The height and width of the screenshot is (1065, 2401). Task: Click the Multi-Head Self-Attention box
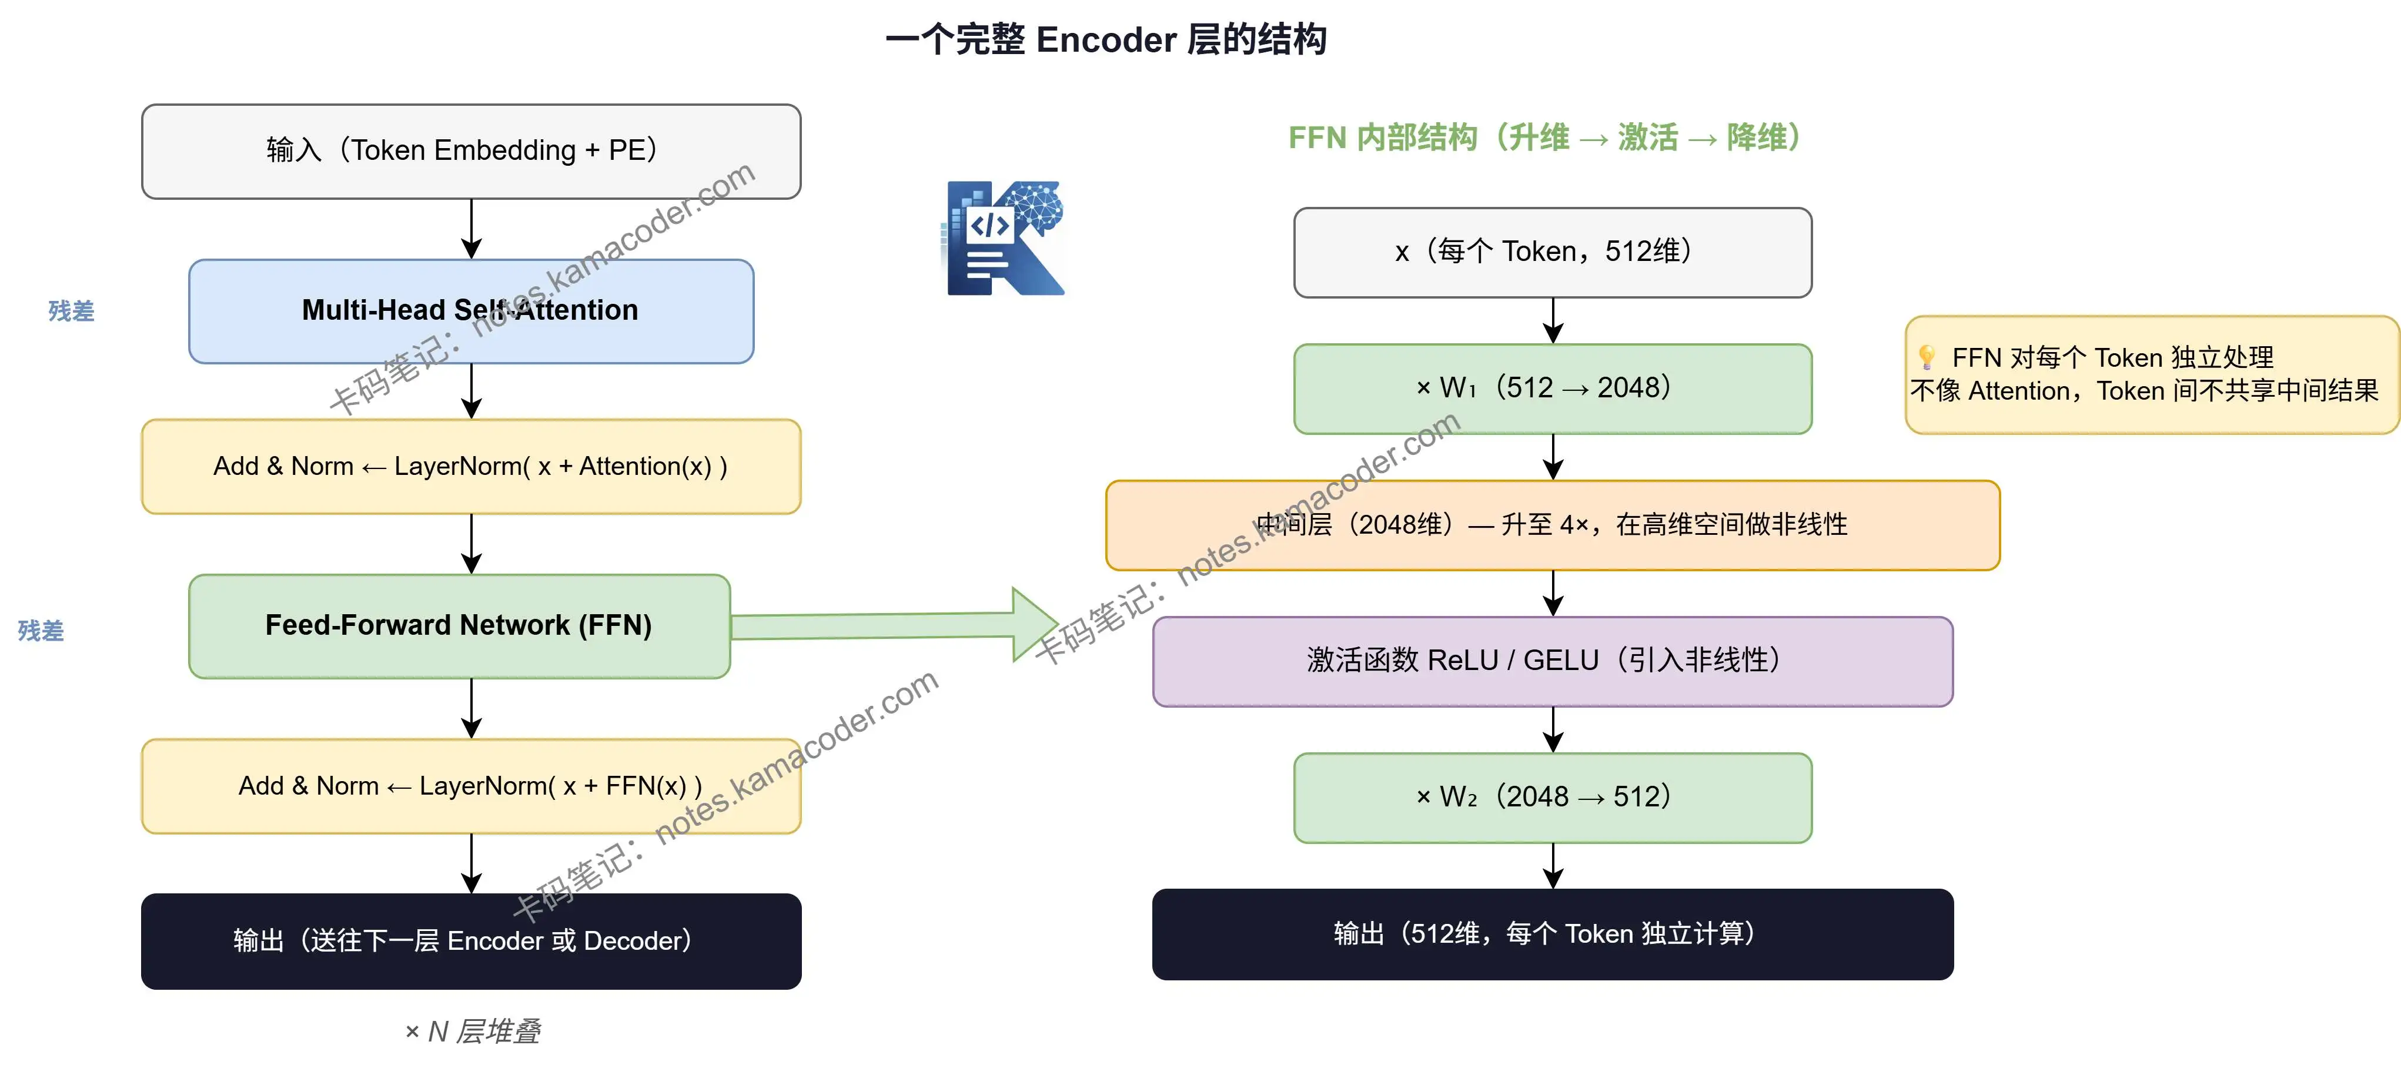pos(471,311)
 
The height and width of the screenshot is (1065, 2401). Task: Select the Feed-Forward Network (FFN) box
pos(459,626)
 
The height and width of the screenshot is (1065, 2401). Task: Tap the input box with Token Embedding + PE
pos(471,151)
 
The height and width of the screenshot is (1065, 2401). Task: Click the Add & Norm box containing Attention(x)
pos(471,466)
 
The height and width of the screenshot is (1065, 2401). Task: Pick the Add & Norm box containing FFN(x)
pos(471,785)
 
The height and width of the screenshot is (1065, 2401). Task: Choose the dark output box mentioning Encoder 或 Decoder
pos(471,941)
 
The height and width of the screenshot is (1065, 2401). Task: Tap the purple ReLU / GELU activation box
pos(1552,661)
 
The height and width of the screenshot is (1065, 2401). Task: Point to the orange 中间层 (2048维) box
pos(1552,525)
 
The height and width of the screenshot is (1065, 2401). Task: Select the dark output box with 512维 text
pos(1552,933)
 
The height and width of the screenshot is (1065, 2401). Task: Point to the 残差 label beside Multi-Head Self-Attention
pos(71,311)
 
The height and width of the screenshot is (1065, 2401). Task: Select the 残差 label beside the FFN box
pos(41,631)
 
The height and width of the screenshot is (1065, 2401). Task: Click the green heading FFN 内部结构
pos(1382,138)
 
